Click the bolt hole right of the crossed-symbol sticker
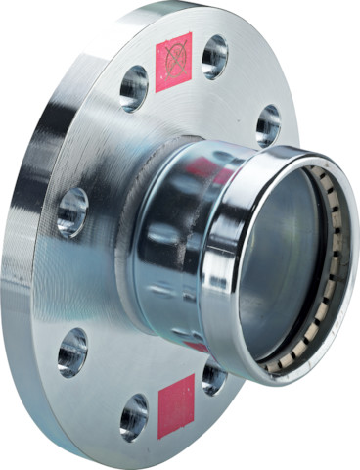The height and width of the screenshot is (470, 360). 215,58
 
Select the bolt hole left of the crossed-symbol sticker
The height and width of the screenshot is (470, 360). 134,89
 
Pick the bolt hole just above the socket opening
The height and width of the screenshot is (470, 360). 267,125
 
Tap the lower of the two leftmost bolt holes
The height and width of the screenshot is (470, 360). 72,352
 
